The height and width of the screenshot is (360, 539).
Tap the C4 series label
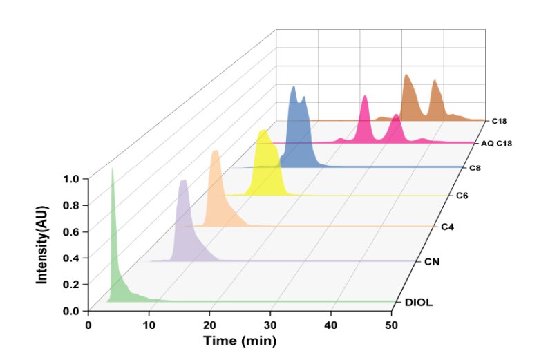[x=449, y=227]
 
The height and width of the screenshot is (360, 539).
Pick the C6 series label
[x=463, y=196]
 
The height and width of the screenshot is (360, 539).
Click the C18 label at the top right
[x=499, y=121]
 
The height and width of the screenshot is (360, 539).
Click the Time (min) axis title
[x=239, y=341]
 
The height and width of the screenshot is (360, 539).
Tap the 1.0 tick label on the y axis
[x=71, y=179]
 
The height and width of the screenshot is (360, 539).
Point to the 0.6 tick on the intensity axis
[x=71, y=232]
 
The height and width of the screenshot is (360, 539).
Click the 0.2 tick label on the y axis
[x=71, y=285]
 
